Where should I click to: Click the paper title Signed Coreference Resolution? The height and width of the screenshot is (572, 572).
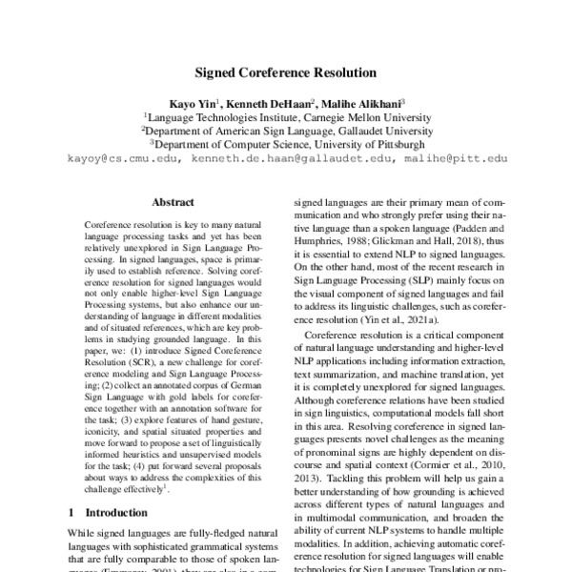point(286,71)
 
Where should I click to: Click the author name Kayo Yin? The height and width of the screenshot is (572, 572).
point(194,101)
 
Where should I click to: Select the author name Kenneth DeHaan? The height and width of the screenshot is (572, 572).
point(272,101)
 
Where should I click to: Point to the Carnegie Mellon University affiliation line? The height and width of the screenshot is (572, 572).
point(286,115)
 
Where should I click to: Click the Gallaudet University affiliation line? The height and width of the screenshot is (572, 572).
point(286,131)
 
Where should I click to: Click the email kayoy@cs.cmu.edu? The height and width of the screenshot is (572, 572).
point(123,160)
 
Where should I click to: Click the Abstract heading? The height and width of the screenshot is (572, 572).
point(173,202)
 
